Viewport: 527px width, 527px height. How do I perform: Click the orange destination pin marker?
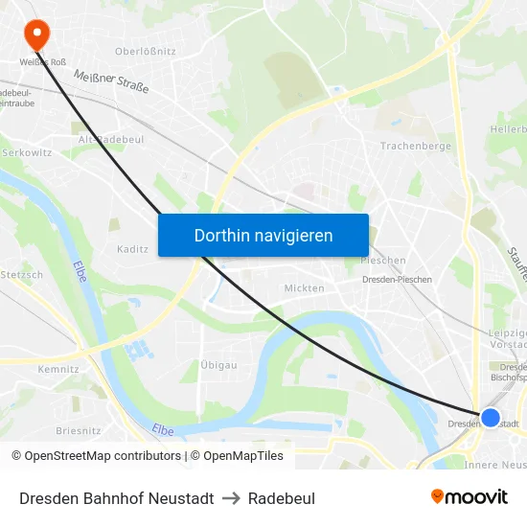37,34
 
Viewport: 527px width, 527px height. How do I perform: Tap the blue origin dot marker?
490,418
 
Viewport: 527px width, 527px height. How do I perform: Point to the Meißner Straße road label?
111,82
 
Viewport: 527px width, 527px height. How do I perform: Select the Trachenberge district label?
415,147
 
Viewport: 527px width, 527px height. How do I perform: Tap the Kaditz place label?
132,249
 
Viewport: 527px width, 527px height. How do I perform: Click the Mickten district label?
304,287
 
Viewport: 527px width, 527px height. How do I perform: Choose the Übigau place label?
219,365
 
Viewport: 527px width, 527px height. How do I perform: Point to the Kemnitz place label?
57,369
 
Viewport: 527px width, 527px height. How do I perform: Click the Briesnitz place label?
78,431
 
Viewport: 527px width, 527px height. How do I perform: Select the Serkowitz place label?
26,152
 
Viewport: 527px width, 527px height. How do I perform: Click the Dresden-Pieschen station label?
397,280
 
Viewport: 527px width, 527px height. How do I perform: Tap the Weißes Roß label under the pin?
43,63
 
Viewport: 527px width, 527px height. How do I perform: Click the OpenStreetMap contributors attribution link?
97,456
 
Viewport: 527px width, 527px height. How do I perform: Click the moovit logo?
469,496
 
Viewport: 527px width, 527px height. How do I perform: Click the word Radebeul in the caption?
282,498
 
